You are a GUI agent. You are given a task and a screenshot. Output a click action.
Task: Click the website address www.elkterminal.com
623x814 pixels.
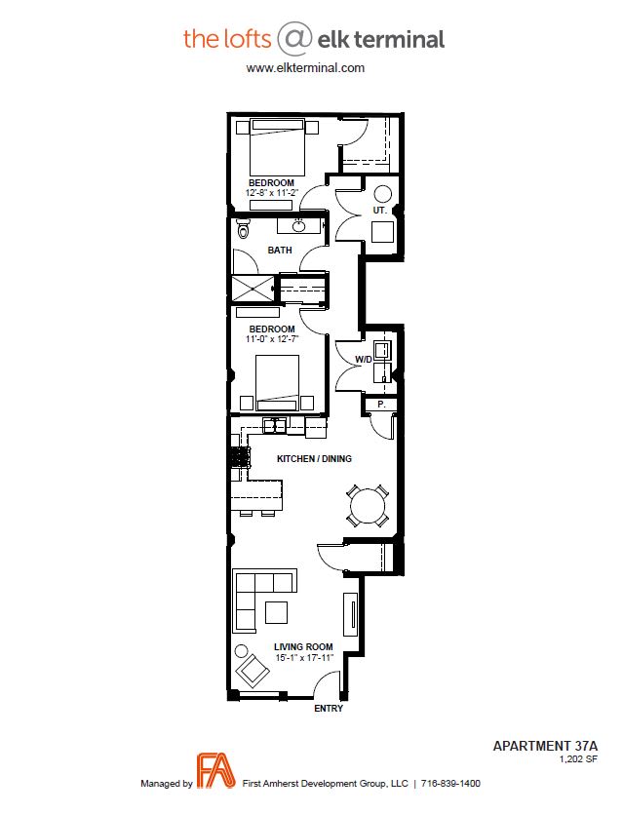(x=305, y=67)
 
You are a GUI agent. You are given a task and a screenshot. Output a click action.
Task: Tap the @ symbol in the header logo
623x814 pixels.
(x=294, y=39)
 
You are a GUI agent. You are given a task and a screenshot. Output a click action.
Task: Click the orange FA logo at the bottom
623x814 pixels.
(x=215, y=770)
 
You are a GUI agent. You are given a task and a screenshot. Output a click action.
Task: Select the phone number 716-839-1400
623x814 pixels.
(x=450, y=784)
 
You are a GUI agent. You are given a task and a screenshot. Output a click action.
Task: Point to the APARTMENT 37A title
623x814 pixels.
(x=545, y=746)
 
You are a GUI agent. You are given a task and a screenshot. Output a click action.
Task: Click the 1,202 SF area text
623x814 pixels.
(x=578, y=759)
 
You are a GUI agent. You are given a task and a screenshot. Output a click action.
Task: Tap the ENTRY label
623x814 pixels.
(x=329, y=708)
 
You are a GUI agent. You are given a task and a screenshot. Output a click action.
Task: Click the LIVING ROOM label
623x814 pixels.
(x=303, y=647)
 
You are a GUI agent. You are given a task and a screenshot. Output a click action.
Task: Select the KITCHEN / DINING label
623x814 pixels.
(x=314, y=459)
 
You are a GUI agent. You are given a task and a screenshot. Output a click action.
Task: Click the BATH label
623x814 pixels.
(x=280, y=251)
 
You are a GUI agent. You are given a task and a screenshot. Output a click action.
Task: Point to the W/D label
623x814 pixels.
(x=364, y=360)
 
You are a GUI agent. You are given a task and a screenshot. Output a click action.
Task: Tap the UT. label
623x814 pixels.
(x=380, y=211)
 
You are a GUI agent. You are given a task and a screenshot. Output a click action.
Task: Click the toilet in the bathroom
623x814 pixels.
(x=243, y=227)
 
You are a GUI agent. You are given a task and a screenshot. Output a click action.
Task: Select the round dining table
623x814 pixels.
(x=368, y=506)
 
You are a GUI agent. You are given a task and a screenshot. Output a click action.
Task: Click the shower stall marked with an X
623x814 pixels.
(x=253, y=289)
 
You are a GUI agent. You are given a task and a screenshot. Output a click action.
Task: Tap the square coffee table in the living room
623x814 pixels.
(x=276, y=612)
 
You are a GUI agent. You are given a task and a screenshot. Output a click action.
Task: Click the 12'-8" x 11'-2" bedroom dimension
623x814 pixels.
(x=272, y=193)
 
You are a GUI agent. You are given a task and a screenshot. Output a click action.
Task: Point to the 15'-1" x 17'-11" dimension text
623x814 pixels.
(x=304, y=658)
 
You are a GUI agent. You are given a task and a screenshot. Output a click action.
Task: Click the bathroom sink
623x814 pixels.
(x=298, y=226)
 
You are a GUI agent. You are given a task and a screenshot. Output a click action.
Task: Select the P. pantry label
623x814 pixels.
(x=381, y=404)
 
